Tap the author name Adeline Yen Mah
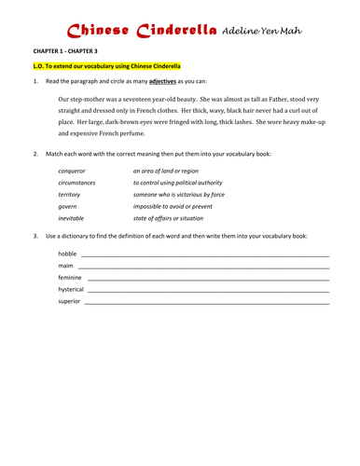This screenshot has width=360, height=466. tap(269, 35)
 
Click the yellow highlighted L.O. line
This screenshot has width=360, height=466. tap(107, 67)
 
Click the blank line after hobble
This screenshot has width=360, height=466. tap(205, 254)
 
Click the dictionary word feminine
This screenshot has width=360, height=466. tap(70, 278)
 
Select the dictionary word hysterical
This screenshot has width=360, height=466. tap(71, 290)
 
